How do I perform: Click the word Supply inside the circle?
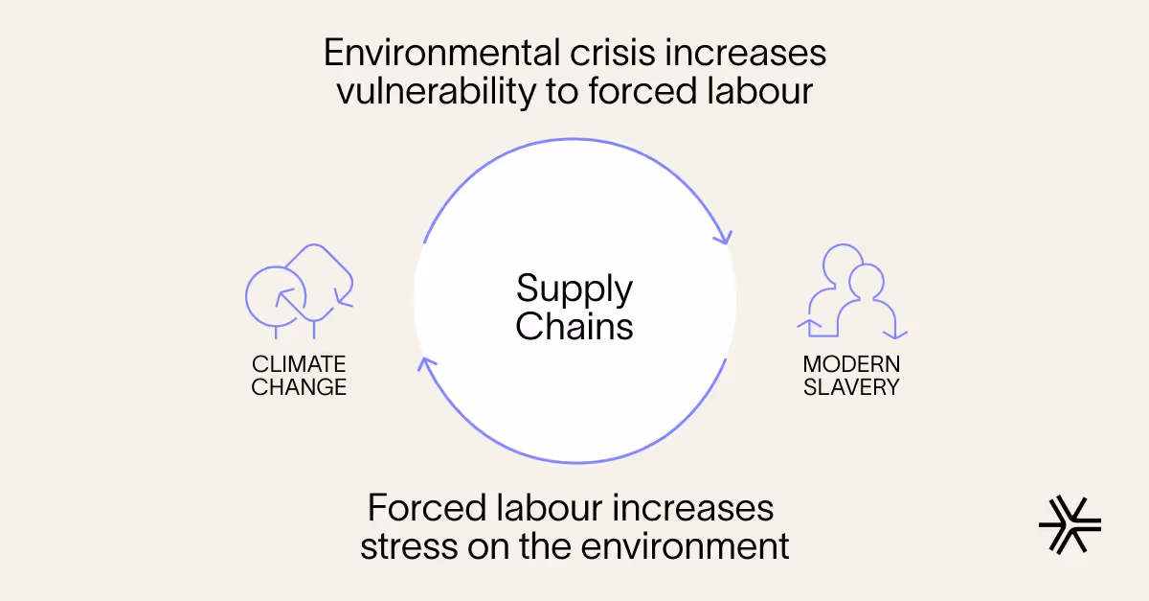[x=574, y=289]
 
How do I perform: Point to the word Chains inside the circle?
[x=574, y=326]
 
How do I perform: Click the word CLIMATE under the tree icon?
[x=299, y=364]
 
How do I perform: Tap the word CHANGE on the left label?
[x=299, y=387]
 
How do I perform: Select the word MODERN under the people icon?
[x=851, y=364]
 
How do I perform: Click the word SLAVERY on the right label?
[x=851, y=387]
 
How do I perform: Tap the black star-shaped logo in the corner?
[x=1070, y=524]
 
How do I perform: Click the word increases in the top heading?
[x=748, y=52]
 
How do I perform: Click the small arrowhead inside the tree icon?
[x=282, y=295]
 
